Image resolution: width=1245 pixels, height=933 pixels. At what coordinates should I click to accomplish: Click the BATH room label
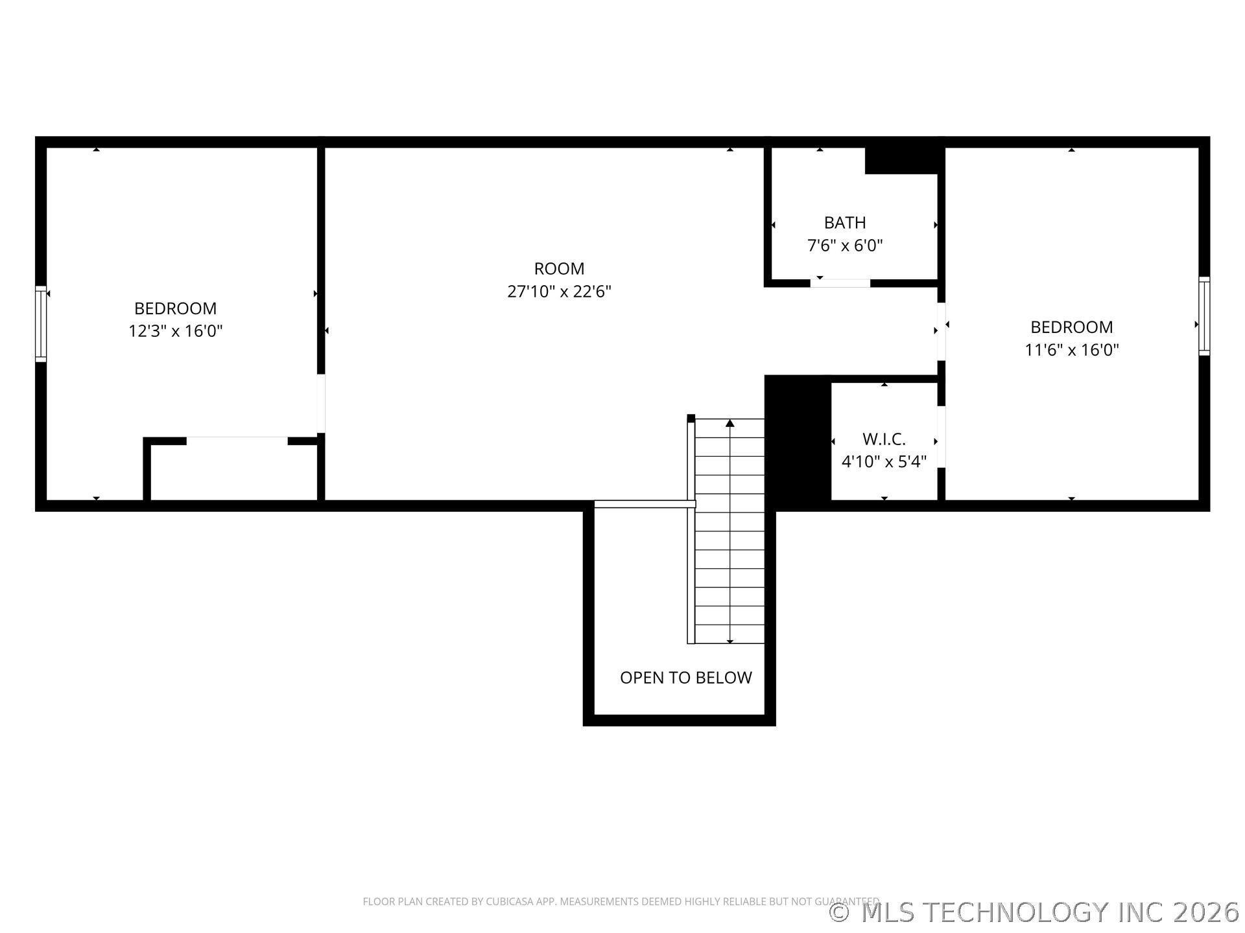[x=845, y=223]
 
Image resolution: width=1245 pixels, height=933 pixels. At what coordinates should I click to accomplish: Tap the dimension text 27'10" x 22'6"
[x=559, y=292]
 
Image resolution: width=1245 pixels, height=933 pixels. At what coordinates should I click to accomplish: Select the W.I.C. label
[x=884, y=439]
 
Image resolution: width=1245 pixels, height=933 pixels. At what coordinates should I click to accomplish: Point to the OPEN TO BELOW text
[x=686, y=678]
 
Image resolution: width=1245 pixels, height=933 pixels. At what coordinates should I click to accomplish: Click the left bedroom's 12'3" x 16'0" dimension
[x=176, y=331]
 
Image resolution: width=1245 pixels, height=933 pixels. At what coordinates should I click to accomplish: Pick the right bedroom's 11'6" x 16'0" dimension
[x=1072, y=350]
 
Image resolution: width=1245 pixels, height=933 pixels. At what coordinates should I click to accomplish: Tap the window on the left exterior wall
[x=41, y=323]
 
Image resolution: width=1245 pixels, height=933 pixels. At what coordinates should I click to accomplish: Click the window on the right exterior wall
[x=1204, y=316]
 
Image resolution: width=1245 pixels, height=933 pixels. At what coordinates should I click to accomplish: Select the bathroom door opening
[x=840, y=283]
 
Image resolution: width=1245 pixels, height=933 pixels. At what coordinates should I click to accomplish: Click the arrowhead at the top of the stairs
[x=730, y=423]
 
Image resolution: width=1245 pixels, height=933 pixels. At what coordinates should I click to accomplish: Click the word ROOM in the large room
[x=559, y=269]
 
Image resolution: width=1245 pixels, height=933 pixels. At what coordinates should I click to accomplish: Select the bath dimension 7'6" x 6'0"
[x=845, y=246]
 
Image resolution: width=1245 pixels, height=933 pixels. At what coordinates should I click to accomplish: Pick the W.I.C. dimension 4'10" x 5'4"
[x=884, y=461]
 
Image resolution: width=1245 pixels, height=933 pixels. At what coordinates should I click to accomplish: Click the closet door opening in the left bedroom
[x=237, y=441]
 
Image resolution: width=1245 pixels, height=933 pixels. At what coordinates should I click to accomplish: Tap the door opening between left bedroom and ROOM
[x=321, y=404]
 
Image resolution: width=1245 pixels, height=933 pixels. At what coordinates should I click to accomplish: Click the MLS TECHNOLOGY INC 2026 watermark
[x=1035, y=912]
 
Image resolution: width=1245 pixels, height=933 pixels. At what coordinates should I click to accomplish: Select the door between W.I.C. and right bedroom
[x=942, y=437]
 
